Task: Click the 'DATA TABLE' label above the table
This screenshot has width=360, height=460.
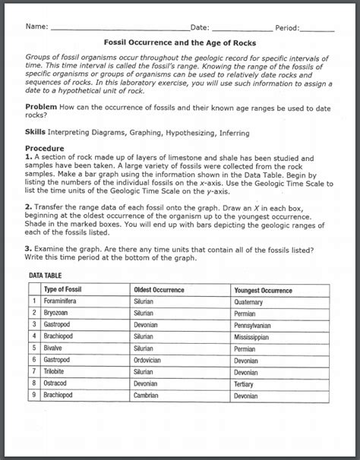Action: pos(47,276)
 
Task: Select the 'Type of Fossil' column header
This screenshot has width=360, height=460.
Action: pos(67,290)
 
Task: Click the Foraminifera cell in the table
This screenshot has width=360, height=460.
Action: pos(65,301)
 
